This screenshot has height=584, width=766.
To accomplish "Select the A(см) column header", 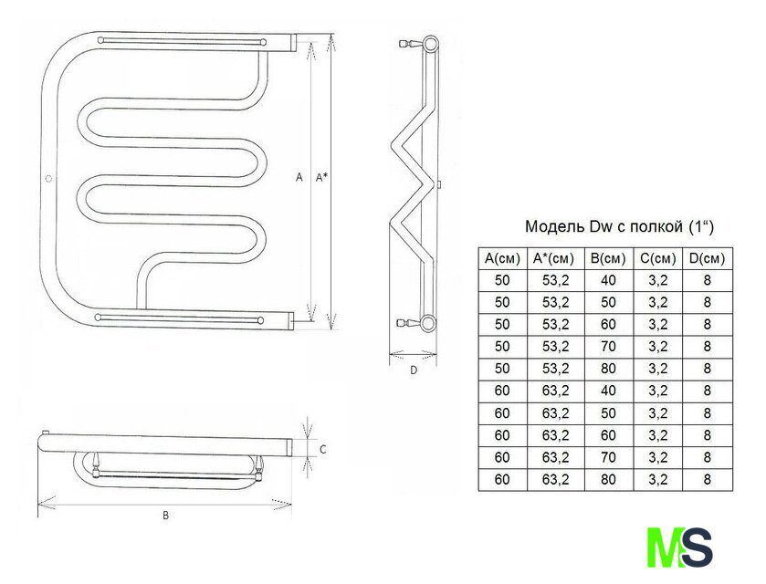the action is tap(502, 258).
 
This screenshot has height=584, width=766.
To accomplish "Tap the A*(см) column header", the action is tap(555, 258).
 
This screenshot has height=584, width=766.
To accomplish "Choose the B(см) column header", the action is tap(608, 258).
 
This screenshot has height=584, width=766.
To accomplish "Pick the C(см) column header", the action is tap(658, 258).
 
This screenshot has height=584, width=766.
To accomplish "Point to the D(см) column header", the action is tap(707, 258).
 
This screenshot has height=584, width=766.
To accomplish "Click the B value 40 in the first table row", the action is tap(608, 280).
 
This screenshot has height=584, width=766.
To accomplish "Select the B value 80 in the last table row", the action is tap(608, 479).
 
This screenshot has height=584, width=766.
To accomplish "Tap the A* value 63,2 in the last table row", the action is tap(555, 479).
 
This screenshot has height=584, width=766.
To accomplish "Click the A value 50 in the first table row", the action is tap(502, 280).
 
